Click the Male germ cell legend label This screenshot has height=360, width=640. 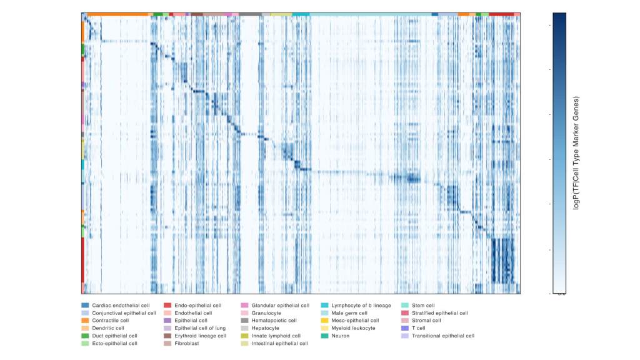[x=353, y=313]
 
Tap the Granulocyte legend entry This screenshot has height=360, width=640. [x=266, y=313]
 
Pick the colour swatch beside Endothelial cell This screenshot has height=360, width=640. [x=167, y=313]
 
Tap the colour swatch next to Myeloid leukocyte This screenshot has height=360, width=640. [x=324, y=328]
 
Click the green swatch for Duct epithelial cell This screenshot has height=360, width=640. [x=85, y=336]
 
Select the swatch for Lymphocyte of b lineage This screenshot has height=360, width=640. [x=324, y=306]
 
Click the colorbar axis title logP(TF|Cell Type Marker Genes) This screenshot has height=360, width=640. [x=576, y=152]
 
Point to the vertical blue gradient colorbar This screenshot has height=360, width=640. [x=559, y=152]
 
